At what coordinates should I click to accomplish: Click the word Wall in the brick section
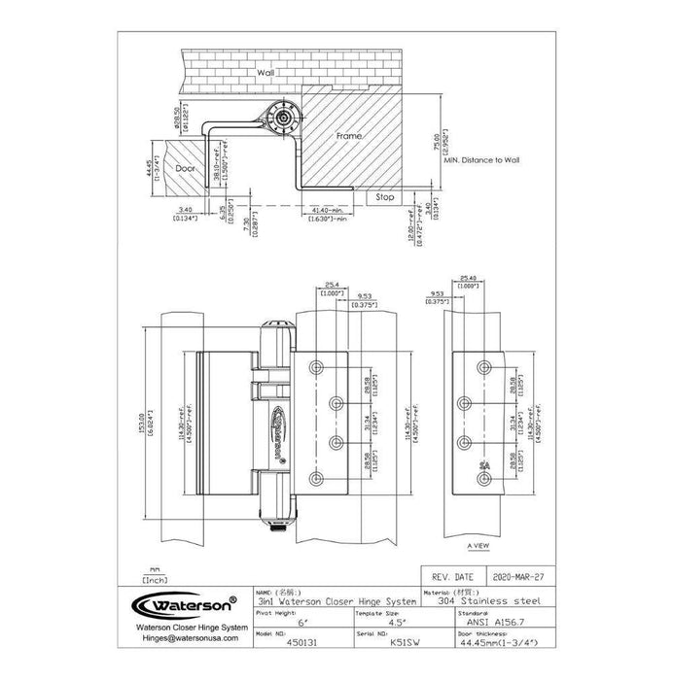click(265, 73)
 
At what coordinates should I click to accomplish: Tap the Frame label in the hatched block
click(349, 138)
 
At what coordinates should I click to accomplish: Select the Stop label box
click(383, 195)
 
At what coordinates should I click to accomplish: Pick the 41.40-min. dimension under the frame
click(332, 210)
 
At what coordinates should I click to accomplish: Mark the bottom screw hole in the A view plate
click(482, 478)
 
